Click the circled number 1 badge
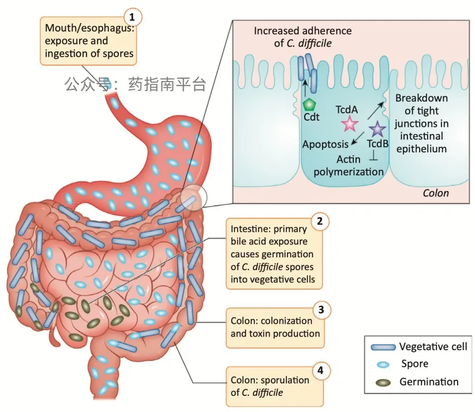tap(132, 17)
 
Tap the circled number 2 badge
tap(320, 222)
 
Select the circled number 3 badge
tap(321, 310)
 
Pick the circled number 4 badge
tap(320, 370)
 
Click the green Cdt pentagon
tap(309, 104)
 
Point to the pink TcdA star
tap(349, 123)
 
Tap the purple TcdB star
tap(377, 128)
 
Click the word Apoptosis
tap(325, 144)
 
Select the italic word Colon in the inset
tap(435, 193)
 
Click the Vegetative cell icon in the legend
tap(383, 347)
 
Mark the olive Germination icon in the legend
tap(383, 382)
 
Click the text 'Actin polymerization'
tap(349, 165)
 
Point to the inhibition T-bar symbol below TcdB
tap(373, 156)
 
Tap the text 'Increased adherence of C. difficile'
tap(303, 37)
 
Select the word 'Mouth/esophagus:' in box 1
tap(89, 28)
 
